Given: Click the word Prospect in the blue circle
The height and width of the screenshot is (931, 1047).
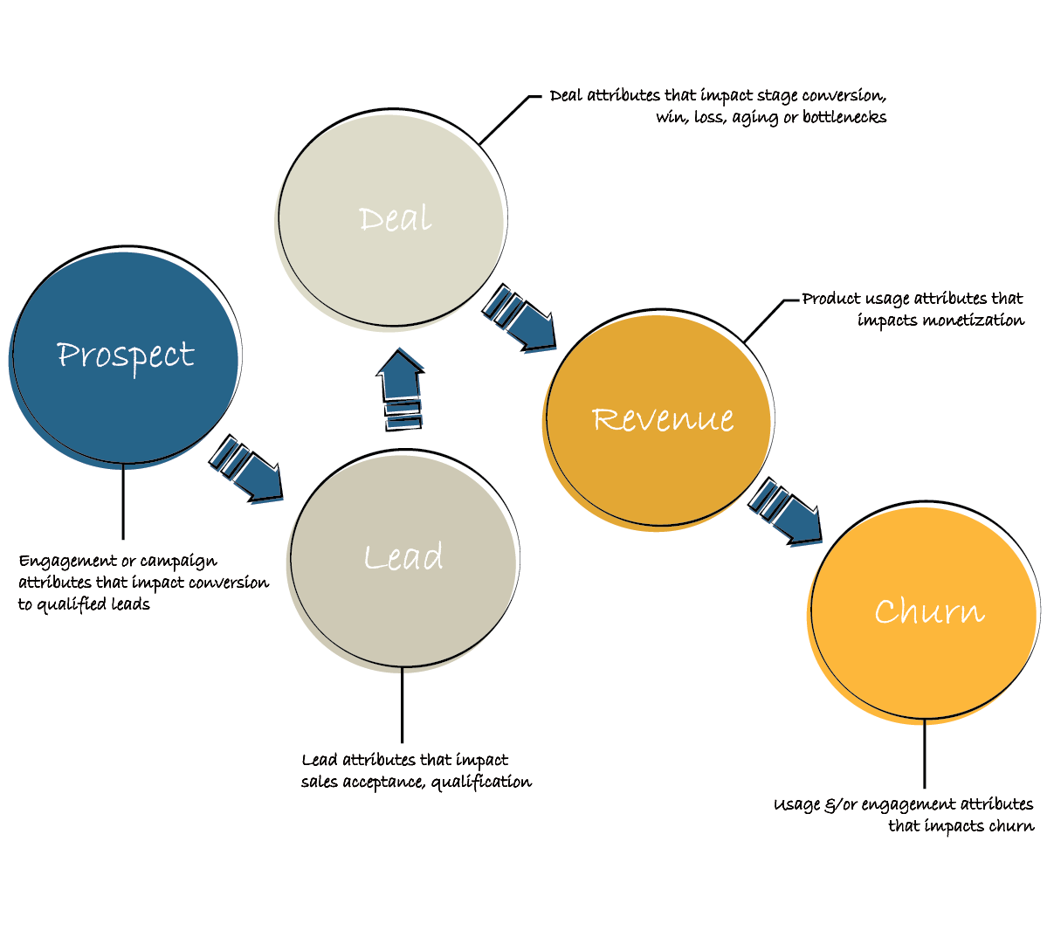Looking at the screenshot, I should pyautogui.click(x=126, y=355).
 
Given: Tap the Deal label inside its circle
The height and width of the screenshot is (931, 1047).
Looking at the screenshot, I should pyautogui.click(x=396, y=218).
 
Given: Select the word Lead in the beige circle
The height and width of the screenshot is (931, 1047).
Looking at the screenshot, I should pyautogui.click(x=403, y=557).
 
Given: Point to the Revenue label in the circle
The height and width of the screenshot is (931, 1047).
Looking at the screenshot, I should pyautogui.click(x=663, y=419).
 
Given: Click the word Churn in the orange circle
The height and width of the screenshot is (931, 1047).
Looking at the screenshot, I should pyautogui.click(x=929, y=611).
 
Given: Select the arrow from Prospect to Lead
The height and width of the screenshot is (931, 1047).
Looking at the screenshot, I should pyautogui.click(x=248, y=469).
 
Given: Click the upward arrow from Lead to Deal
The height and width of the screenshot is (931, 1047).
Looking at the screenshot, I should pyautogui.click(x=401, y=388).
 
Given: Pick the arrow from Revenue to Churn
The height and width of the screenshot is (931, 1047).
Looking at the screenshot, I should pyautogui.click(x=787, y=512).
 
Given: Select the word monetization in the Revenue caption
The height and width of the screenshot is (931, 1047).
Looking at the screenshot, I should pyautogui.click(x=973, y=321).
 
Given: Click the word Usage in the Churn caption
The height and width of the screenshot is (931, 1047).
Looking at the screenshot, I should pyautogui.click(x=796, y=804).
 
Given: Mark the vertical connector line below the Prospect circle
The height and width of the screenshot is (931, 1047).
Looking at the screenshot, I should pyautogui.click(x=123, y=502).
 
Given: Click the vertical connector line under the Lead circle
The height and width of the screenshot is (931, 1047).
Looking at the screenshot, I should pyautogui.click(x=402, y=706).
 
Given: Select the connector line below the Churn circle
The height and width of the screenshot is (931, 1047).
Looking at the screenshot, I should pyautogui.click(x=924, y=756).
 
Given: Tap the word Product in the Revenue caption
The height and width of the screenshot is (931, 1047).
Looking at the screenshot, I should pyautogui.click(x=831, y=299).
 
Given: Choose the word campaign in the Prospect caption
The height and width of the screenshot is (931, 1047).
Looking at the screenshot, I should pyautogui.click(x=178, y=562).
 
